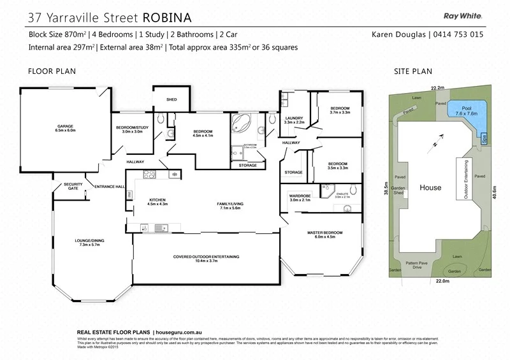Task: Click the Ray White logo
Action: pos(463,17)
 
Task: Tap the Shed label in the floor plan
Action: pos(171,100)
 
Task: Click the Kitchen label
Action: pos(157,201)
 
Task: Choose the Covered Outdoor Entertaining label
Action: pos(206,258)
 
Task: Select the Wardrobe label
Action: pos(300,198)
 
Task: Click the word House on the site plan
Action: pos(430,188)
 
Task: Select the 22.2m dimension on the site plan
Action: pos(437,88)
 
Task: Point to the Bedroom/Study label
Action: pos(131,129)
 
